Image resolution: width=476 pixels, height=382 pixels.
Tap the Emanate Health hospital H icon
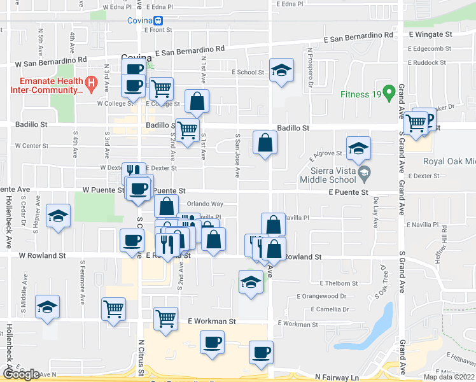click(x=90, y=81)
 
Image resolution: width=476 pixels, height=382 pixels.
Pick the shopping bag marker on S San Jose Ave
click(x=265, y=143)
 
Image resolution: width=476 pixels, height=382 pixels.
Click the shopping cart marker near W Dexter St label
click(x=187, y=131)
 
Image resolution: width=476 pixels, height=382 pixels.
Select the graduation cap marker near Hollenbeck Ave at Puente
click(x=58, y=216)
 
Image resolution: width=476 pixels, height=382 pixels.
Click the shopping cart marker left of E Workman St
click(x=165, y=317)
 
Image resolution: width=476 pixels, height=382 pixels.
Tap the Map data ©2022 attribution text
click(x=448, y=377)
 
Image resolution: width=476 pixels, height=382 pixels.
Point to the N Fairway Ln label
click(x=337, y=377)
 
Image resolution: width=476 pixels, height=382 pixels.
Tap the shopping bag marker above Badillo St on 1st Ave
click(x=197, y=101)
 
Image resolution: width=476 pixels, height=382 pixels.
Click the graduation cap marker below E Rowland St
click(x=251, y=281)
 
